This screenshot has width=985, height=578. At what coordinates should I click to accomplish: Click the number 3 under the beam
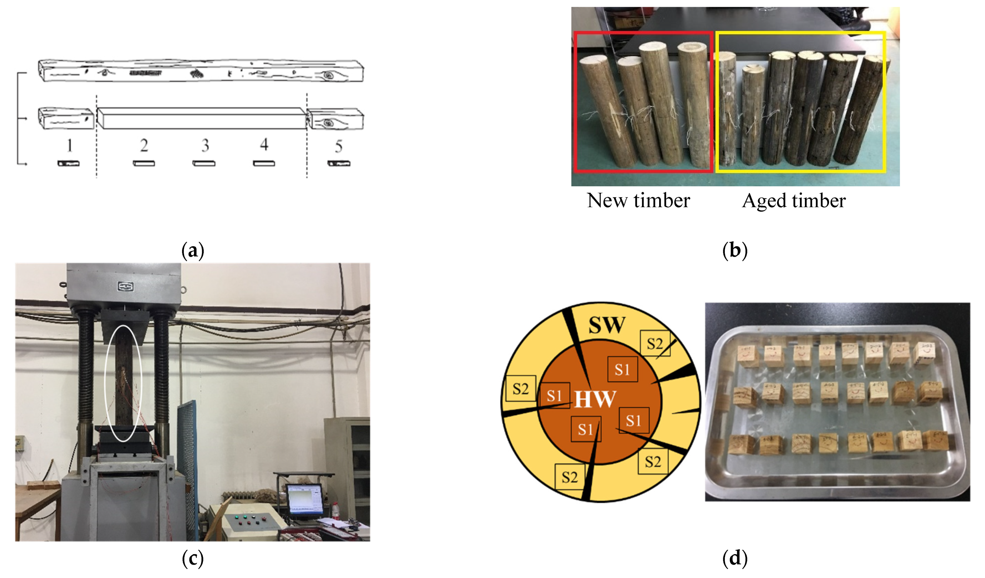coord(205,146)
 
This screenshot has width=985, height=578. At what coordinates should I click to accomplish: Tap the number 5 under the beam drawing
coord(339,146)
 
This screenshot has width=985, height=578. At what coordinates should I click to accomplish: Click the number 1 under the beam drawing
coord(69,146)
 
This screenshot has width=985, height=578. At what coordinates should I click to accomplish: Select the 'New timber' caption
coord(638,201)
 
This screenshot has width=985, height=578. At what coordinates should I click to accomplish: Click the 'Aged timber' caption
coord(793,201)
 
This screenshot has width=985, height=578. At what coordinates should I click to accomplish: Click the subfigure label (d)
coord(735,558)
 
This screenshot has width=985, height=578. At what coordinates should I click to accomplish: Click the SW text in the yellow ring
coord(607,325)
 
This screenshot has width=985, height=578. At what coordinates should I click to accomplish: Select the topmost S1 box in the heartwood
coord(622,369)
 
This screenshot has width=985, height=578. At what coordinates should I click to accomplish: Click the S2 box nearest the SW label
coord(655,344)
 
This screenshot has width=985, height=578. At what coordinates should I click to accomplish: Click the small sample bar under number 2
coord(144,163)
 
